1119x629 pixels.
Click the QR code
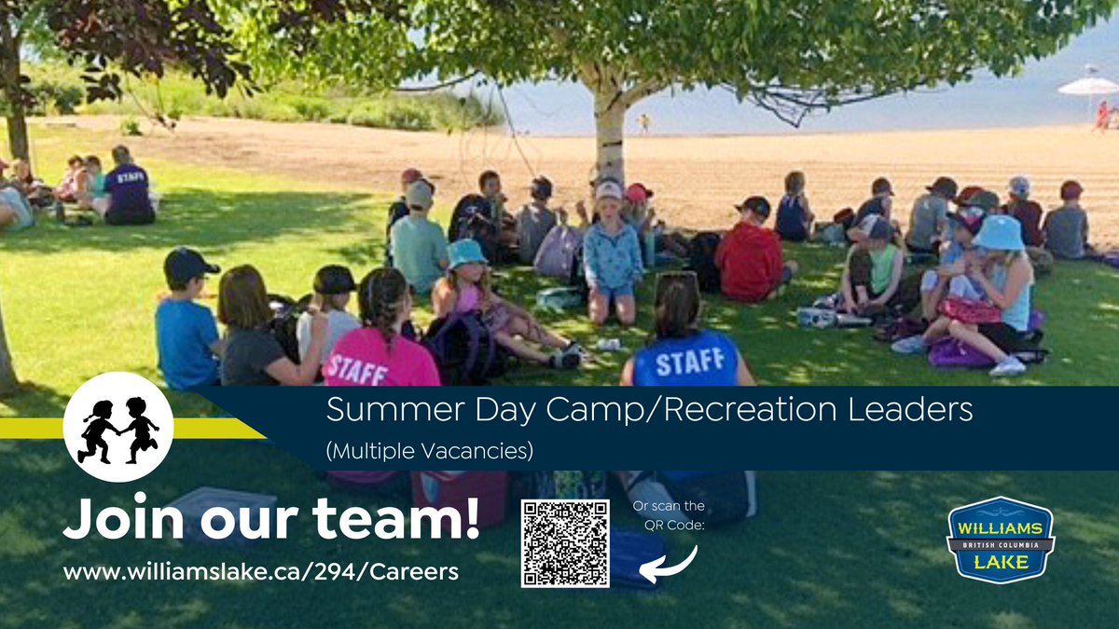[565, 543]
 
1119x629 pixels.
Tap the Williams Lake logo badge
[1001, 540]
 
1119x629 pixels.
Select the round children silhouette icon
[118, 427]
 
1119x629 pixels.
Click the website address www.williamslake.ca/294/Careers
[261, 571]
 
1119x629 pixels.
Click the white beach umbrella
[1086, 86]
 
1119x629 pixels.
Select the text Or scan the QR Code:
[669, 515]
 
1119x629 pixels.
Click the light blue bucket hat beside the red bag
[999, 232]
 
